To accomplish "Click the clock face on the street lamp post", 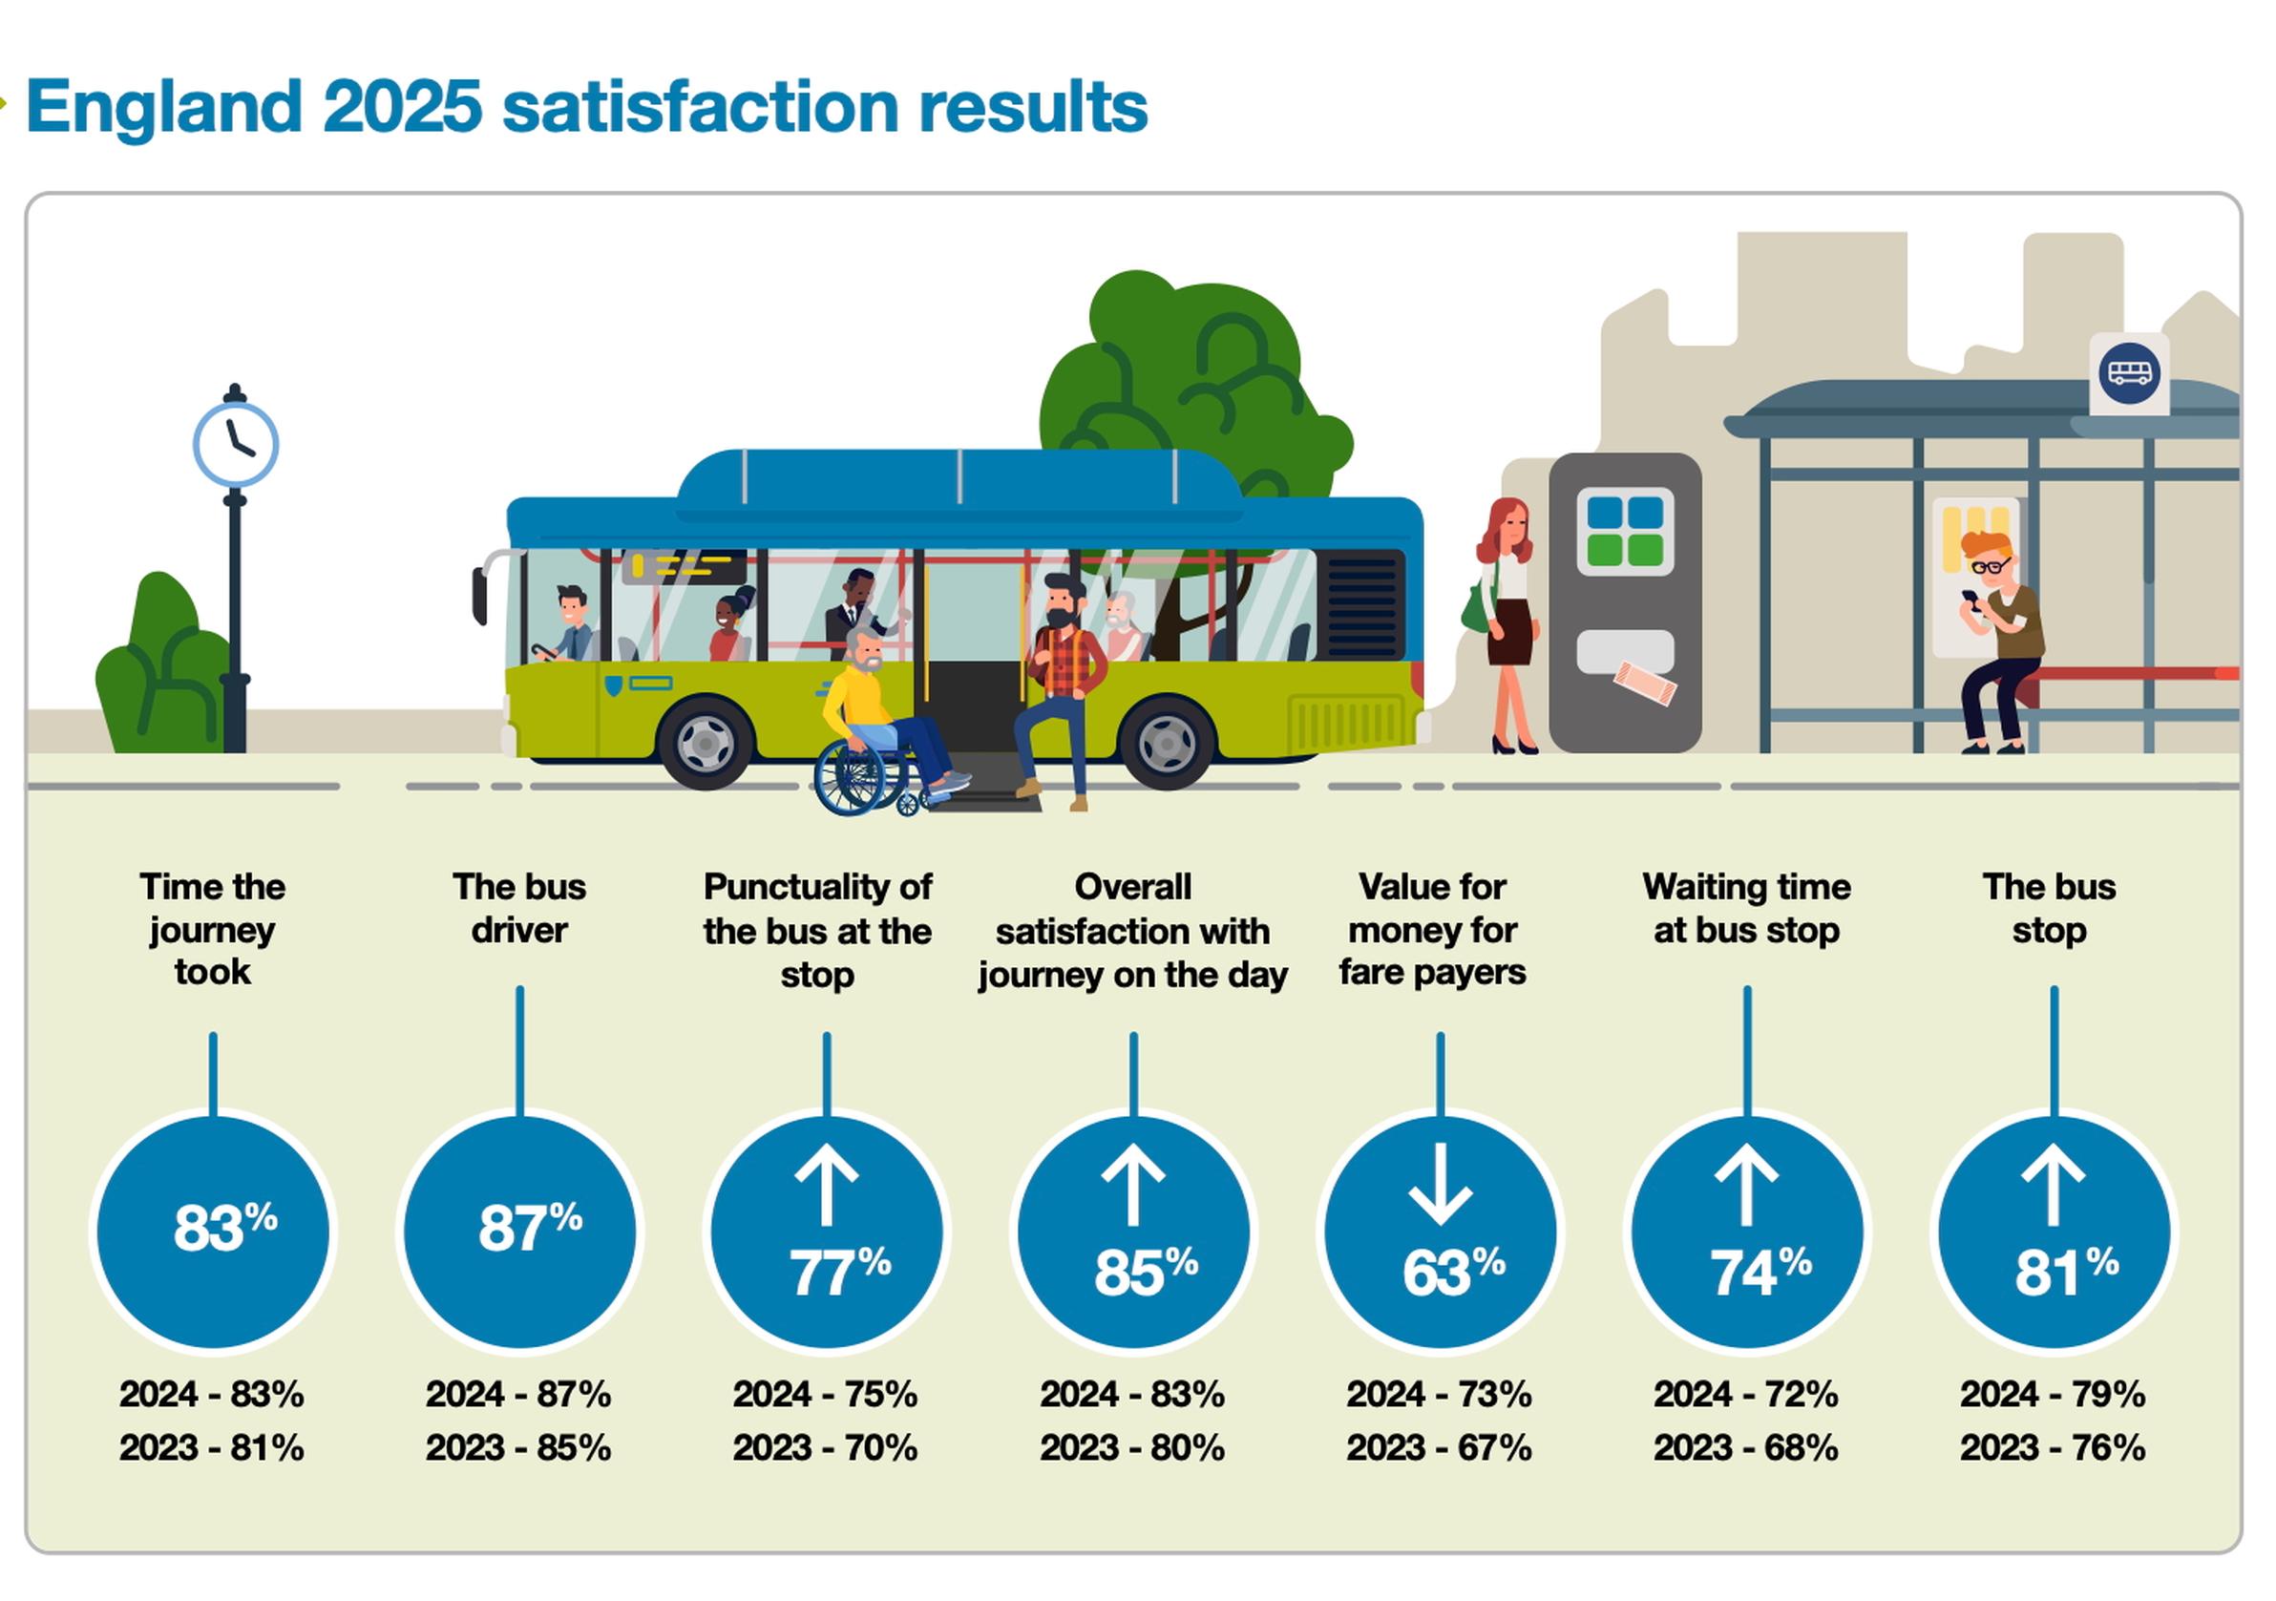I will (x=235, y=444).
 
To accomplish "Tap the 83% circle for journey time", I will (x=213, y=1232).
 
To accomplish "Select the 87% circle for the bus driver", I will (x=519, y=1232).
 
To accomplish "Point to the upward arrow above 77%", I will (x=826, y=1186).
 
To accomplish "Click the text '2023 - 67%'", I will (x=1439, y=1447).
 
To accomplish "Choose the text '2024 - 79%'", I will (x=2052, y=1394).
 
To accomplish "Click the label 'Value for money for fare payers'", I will (x=1431, y=929).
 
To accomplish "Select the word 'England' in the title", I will (x=163, y=106).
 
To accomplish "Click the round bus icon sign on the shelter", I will (x=2128, y=373).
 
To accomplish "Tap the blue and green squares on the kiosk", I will (x=1625, y=530).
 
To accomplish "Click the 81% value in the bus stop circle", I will (x=2066, y=1272).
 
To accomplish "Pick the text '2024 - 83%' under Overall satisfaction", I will (x=1132, y=1394).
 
